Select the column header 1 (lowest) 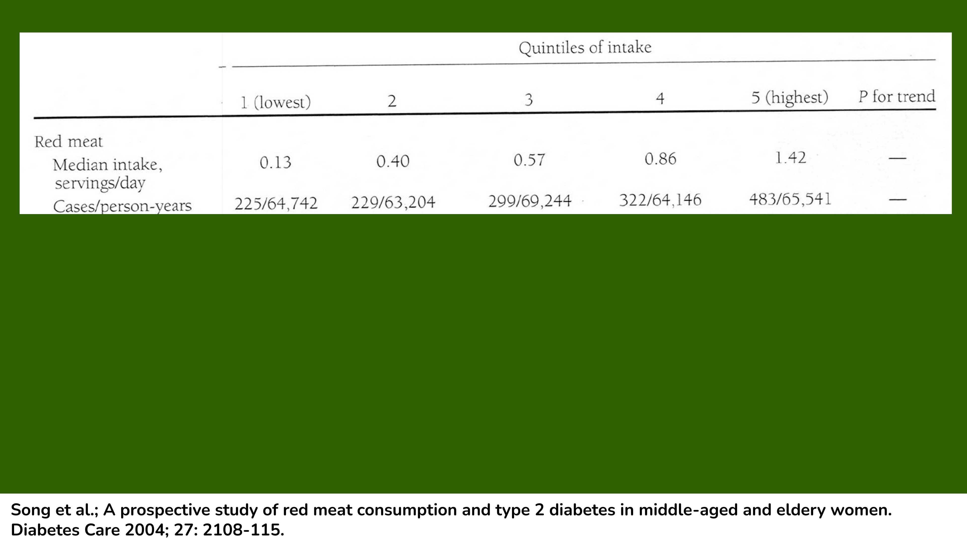pos(275,102)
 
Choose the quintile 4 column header pos(660,99)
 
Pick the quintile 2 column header pos(392,101)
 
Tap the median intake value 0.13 pos(275,162)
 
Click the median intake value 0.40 pos(393,161)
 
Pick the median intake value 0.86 pos(660,159)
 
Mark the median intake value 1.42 pos(790,158)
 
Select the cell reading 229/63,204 pos(393,202)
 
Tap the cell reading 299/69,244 pos(530,201)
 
